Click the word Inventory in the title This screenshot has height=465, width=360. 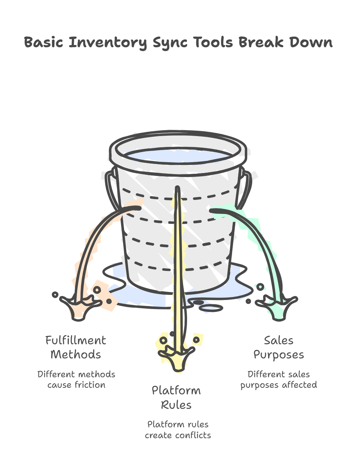coord(108,43)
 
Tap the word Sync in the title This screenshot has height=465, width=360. coord(170,43)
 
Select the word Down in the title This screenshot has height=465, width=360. coord(311,42)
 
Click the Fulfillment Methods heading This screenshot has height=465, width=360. coord(76,347)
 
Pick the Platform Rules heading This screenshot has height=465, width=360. coord(176,398)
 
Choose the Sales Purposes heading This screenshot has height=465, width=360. coord(278,347)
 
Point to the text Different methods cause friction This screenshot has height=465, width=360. coord(76,379)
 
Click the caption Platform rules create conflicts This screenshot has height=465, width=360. coord(178,429)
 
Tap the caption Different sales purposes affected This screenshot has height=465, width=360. coord(278,379)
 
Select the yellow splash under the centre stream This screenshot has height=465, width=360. coord(177,357)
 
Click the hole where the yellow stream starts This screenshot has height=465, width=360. coord(178,188)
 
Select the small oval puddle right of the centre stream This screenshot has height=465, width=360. coord(212,308)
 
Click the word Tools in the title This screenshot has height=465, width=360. coord(213,42)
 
